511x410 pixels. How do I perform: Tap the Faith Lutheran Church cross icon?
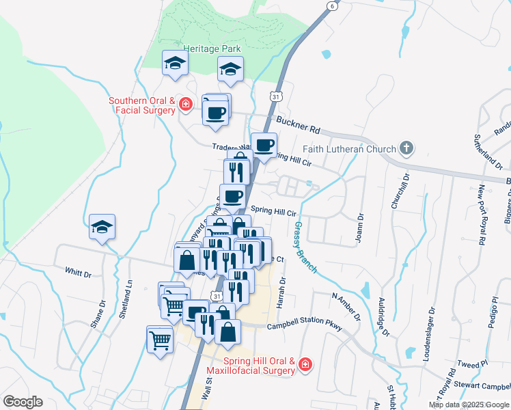pyautogui.click(x=406, y=148)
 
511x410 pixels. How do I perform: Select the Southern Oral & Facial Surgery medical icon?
pyautogui.click(x=185, y=105)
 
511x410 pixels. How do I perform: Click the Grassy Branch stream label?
pyautogui.click(x=305, y=247)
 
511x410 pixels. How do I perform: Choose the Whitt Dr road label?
pyautogui.click(x=78, y=272)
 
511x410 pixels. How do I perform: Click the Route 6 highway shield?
pyautogui.click(x=332, y=5)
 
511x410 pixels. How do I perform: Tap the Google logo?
pyautogui.click(x=23, y=402)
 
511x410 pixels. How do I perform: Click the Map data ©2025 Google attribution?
pyautogui.click(x=469, y=405)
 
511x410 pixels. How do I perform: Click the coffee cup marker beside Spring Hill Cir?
pyautogui.click(x=233, y=195)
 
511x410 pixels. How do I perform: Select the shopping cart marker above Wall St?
pyautogui.click(x=160, y=338)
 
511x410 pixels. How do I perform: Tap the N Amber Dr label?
pyautogui.click(x=346, y=306)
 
